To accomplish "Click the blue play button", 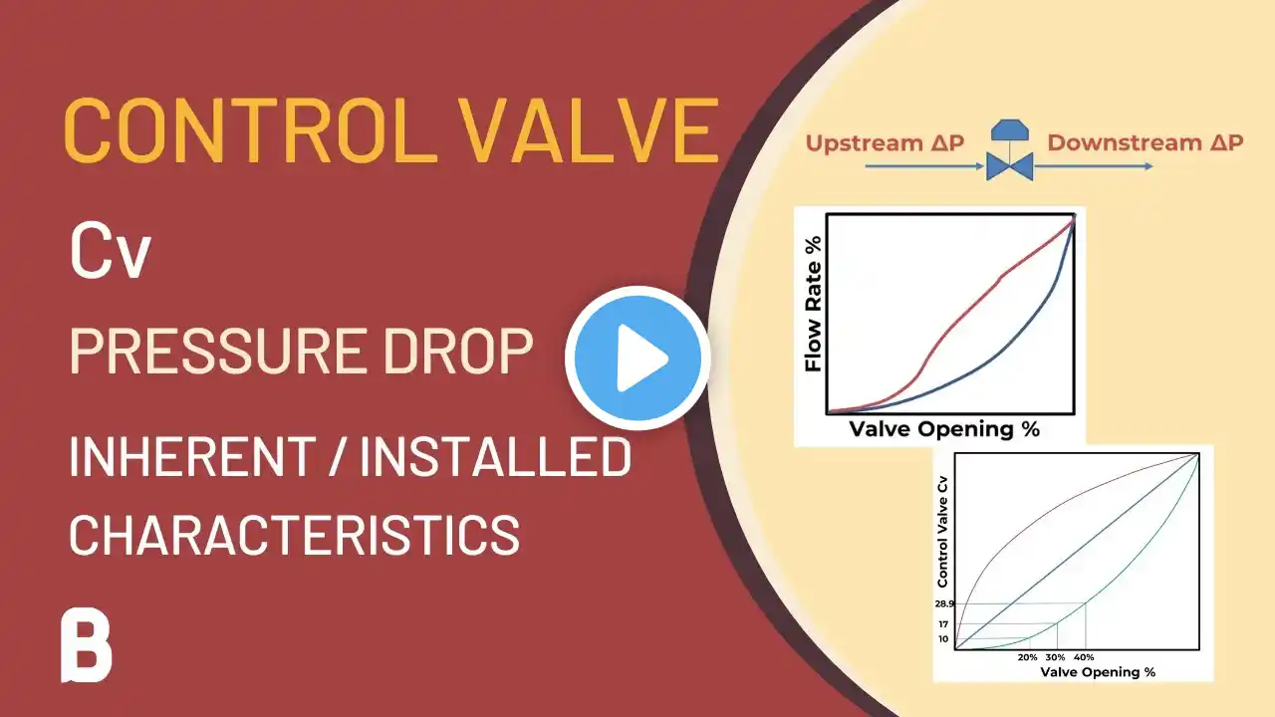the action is coord(637,358).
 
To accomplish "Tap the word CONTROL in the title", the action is coord(248,130).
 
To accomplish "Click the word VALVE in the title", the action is coord(589,130).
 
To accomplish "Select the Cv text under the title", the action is coord(111,252).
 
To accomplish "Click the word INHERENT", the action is coord(192,456).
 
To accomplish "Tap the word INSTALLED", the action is coord(496,456).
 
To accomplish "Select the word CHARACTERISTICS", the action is coord(295,535).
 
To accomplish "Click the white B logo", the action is coord(87,645).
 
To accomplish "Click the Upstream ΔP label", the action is coord(885,142).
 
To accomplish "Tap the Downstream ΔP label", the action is coord(1146,142).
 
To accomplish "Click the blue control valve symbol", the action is coord(1010,150).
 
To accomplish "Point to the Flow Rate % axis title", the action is coord(814,305).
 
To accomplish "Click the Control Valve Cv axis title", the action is coord(942,532).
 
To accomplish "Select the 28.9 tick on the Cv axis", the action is coord(944,603).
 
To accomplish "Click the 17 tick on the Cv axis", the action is coord(943,624).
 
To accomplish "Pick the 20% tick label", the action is coord(1027,657).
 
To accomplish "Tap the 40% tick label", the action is coord(1085,657).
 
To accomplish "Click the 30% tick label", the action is coord(1055,657).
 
